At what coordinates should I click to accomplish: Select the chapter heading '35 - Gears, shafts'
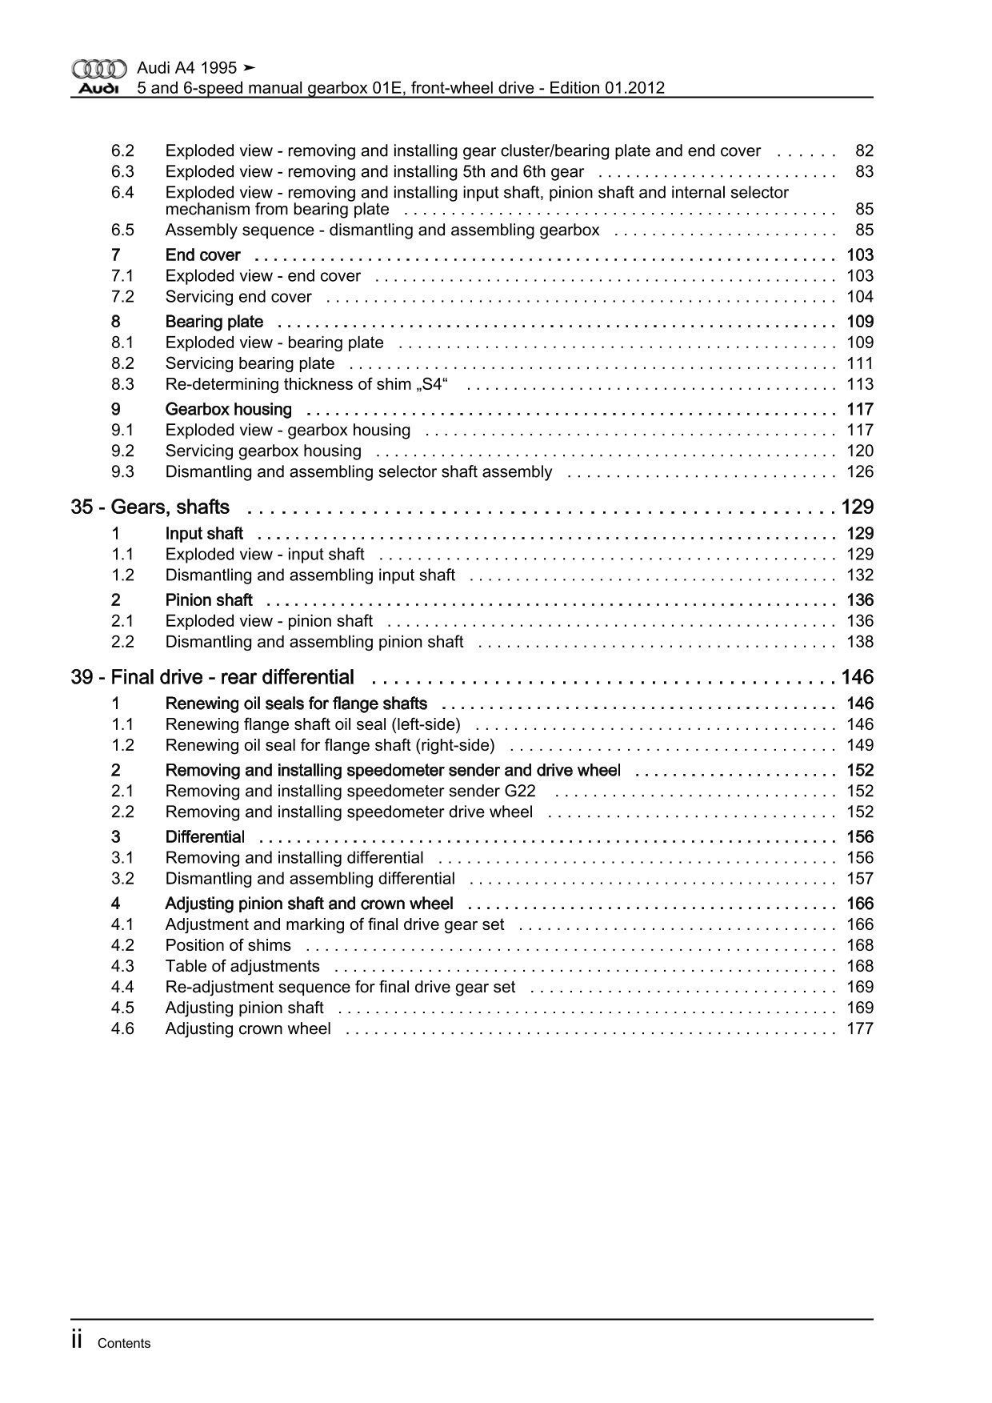pyautogui.click(x=150, y=507)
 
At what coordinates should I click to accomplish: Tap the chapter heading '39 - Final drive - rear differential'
pyautogui.click(x=213, y=678)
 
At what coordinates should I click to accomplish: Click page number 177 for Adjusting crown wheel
pyautogui.click(x=860, y=1029)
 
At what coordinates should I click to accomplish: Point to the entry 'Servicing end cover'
pyautogui.click(x=238, y=297)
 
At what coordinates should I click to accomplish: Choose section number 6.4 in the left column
pyautogui.click(x=122, y=193)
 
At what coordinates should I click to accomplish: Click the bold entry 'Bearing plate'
pyautogui.click(x=214, y=322)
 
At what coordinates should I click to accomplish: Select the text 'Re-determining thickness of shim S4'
pyautogui.click(x=306, y=384)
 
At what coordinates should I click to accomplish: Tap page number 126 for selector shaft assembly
pyautogui.click(x=860, y=472)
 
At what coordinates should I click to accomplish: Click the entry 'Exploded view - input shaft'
pyautogui.click(x=265, y=555)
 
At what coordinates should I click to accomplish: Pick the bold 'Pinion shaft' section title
pyautogui.click(x=209, y=600)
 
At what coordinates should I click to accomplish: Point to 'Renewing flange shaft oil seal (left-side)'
pyautogui.click(x=313, y=725)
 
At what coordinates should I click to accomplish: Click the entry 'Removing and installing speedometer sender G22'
pyautogui.click(x=350, y=792)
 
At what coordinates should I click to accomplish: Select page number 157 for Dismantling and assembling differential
pyautogui.click(x=860, y=879)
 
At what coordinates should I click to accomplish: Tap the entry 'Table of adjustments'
pyautogui.click(x=242, y=967)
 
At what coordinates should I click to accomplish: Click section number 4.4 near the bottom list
pyautogui.click(x=122, y=988)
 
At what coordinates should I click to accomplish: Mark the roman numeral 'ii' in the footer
pyautogui.click(x=78, y=1341)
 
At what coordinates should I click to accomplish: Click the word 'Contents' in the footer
pyautogui.click(x=124, y=1344)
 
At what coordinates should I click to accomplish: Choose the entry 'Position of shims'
pyautogui.click(x=228, y=946)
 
